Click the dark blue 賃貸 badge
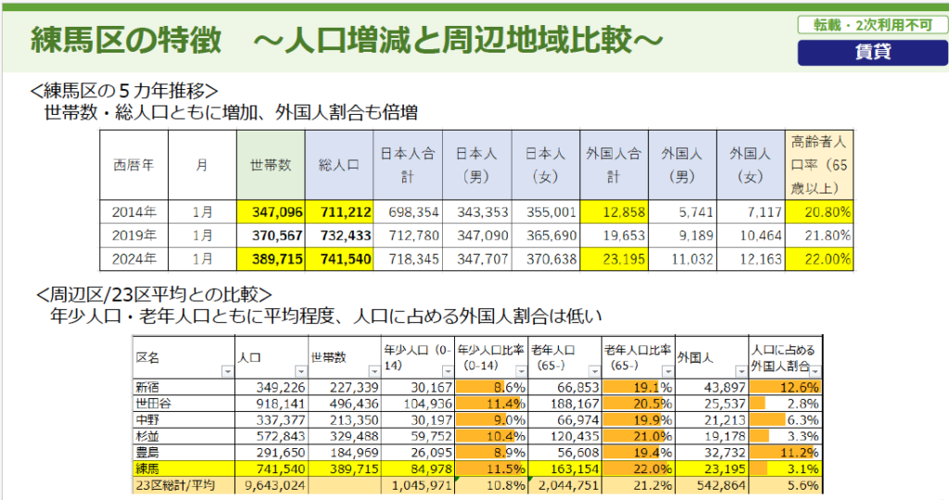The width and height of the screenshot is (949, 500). tap(871, 52)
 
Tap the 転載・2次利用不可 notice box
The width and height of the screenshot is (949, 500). tap(871, 26)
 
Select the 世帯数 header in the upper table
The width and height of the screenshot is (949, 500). tap(271, 165)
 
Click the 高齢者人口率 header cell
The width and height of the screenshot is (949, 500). tap(819, 165)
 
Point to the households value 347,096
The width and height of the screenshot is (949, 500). tap(271, 212)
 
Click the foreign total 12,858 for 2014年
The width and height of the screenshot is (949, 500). tap(614, 212)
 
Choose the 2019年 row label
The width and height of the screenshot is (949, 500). tap(134, 235)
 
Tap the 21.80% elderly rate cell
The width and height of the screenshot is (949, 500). tap(819, 235)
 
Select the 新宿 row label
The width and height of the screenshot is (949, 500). tap(148, 385)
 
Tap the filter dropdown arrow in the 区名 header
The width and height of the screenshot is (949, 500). tap(227, 370)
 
